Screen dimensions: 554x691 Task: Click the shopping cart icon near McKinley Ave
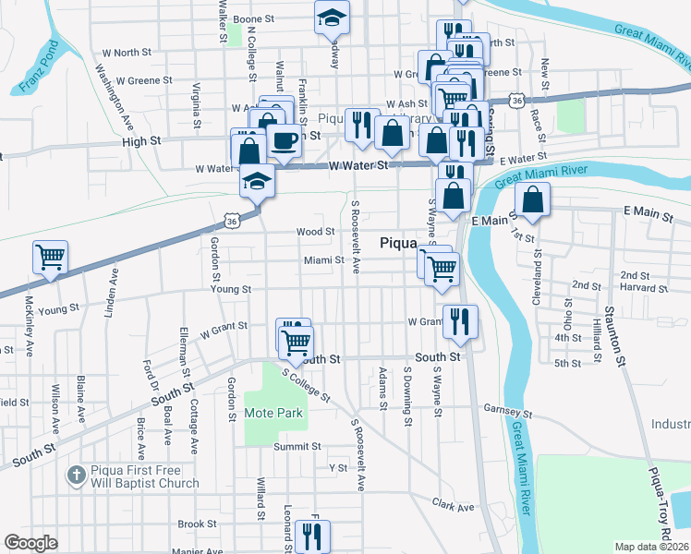click(x=50, y=257)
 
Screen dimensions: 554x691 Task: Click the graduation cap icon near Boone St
click(x=332, y=18)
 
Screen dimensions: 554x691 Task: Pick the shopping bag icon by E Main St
click(x=533, y=199)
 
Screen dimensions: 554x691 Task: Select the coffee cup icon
click(x=284, y=140)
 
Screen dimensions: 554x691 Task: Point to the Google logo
click(x=31, y=543)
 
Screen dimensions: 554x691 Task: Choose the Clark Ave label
click(x=453, y=506)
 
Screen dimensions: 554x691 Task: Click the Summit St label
click(x=297, y=446)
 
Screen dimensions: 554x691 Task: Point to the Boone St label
click(x=255, y=18)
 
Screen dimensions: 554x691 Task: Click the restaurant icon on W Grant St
click(x=458, y=321)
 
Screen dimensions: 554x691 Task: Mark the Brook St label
click(x=197, y=524)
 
